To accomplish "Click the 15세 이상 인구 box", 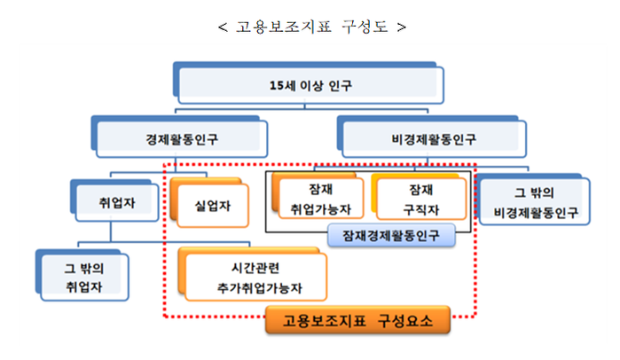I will pyautogui.click(x=310, y=86).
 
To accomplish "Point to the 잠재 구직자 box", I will pyautogui.click(x=418, y=200).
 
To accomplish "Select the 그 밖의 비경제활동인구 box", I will pyautogui.click(x=535, y=202).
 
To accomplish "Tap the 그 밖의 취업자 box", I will pyautogui.click(x=83, y=276).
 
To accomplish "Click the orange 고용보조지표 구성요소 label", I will pyautogui.click(x=358, y=321).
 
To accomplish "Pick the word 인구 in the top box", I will pyautogui.click(x=340, y=86).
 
